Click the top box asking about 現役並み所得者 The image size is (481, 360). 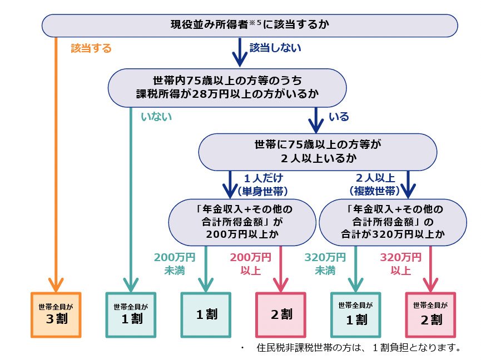coord(250,25)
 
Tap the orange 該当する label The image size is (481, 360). coord(91,48)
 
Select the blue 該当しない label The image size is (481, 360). coord(275,48)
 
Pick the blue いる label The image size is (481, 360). coord(339,117)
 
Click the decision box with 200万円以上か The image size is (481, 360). coord(244,222)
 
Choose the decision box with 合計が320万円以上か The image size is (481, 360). coord(393,222)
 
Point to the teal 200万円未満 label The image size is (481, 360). coord(175,264)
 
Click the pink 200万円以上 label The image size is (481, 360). coord(250,264)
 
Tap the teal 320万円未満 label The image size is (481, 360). coord(325,264)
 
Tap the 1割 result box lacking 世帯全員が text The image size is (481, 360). coord(206,314)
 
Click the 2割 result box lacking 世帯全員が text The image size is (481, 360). coord(281,314)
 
